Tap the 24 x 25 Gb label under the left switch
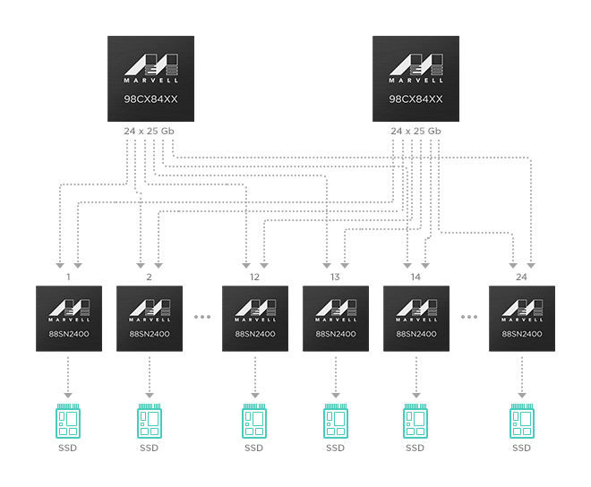tap(150, 132)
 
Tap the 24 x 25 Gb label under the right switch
tap(415, 132)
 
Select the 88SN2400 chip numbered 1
tap(68, 319)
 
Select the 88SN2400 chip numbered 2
tap(150, 319)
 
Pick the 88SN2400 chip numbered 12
tap(255, 319)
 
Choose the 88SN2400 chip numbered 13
tap(336, 319)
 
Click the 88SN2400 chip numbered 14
tap(415, 319)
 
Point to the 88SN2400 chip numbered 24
tap(522, 319)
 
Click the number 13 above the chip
tap(336, 278)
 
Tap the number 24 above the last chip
tap(522, 278)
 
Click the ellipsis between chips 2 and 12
tap(202, 318)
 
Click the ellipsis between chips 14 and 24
tap(469, 318)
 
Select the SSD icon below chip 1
tap(68, 420)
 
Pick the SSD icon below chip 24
tap(522, 420)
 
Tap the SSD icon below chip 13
tap(336, 420)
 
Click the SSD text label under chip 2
tap(150, 448)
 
